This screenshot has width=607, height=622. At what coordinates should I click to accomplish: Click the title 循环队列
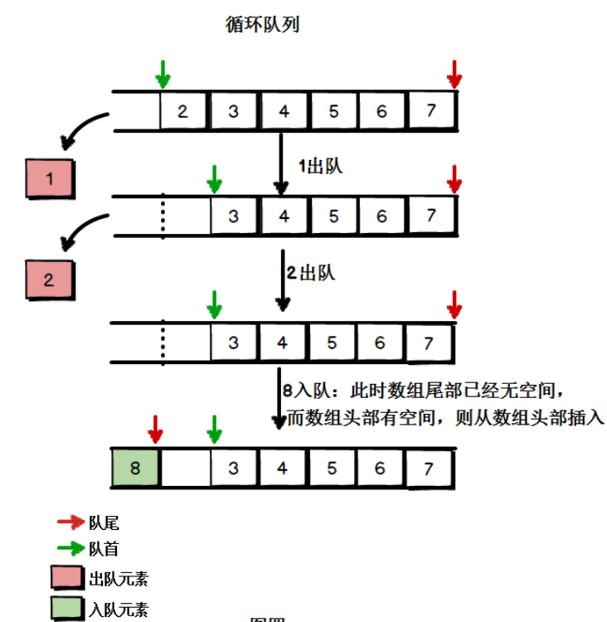click(x=262, y=25)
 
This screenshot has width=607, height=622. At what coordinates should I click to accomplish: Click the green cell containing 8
click(x=136, y=469)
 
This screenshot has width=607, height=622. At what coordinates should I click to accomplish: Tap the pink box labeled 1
click(x=50, y=177)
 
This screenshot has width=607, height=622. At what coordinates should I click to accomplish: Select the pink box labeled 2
click(x=49, y=280)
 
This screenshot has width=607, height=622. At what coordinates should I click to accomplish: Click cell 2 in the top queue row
click(x=183, y=111)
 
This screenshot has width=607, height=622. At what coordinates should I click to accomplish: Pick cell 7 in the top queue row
click(x=430, y=111)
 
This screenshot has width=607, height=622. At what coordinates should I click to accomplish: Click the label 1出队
click(x=319, y=167)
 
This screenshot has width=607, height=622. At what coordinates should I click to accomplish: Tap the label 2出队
click(x=311, y=273)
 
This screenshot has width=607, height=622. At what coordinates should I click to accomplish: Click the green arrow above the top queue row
click(x=163, y=74)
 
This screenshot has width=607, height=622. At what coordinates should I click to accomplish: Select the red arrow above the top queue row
click(x=454, y=74)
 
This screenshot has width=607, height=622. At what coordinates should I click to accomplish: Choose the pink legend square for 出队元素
click(x=67, y=578)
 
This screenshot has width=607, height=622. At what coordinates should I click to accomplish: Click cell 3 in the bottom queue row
click(x=233, y=469)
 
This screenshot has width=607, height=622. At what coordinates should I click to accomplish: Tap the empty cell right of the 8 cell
click(x=185, y=469)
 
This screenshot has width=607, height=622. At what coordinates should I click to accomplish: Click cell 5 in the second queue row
click(x=333, y=216)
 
